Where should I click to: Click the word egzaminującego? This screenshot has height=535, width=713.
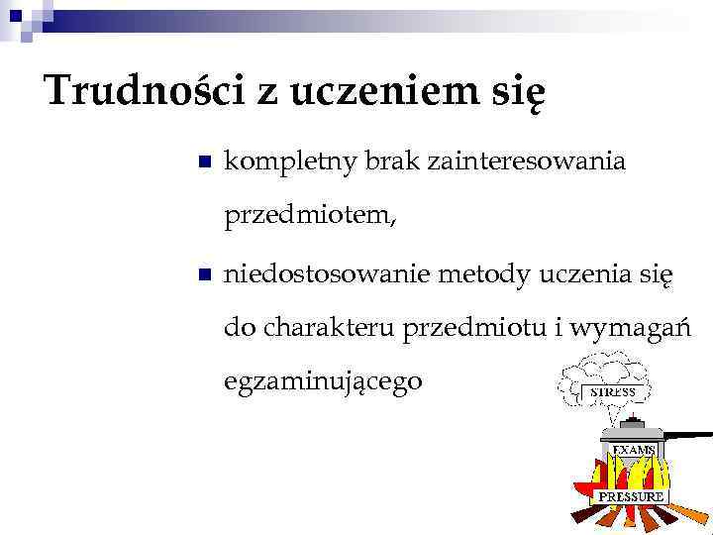point(324,381)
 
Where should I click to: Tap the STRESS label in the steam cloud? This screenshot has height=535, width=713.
point(613,392)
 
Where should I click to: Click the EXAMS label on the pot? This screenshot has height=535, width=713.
point(634,450)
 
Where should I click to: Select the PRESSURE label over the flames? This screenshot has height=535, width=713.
point(630,495)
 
